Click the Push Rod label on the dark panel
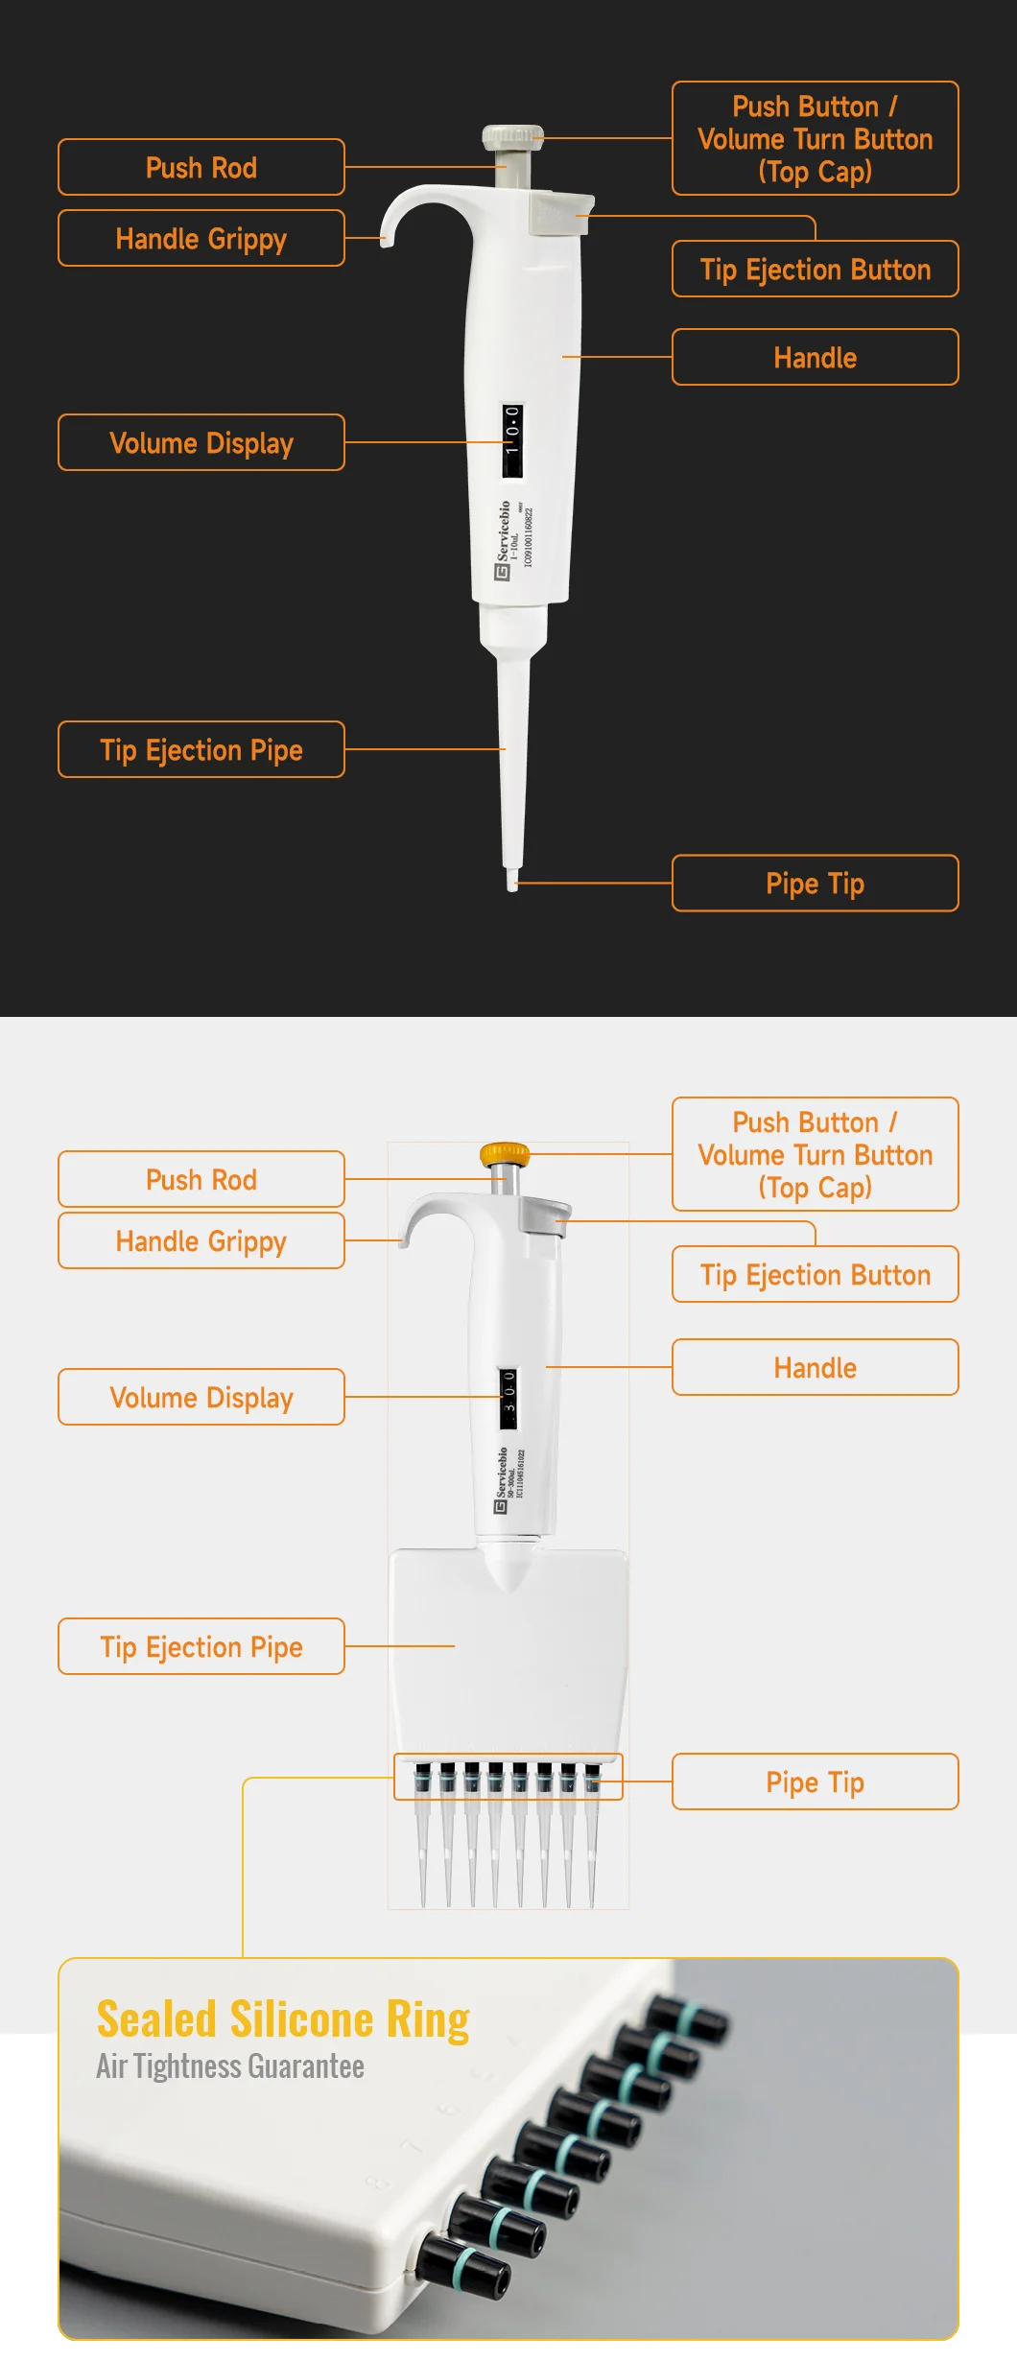(201, 168)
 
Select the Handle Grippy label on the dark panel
(201, 239)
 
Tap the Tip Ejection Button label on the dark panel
(815, 270)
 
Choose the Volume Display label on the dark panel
(201, 443)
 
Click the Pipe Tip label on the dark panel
(815, 884)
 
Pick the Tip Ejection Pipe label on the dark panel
(201, 750)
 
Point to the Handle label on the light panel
(815, 1368)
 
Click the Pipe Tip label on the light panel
(815, 1782)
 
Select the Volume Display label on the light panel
(201, 1398)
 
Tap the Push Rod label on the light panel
(201, 1180)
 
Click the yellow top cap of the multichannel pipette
(505, 1153)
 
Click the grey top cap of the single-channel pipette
(512, 136)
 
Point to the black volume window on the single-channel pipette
(512, 440)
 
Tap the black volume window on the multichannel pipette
(508, 1398)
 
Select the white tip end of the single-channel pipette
(512, 881)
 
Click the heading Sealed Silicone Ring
(283, 2019)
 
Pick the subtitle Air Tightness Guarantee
(230, 2065)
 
